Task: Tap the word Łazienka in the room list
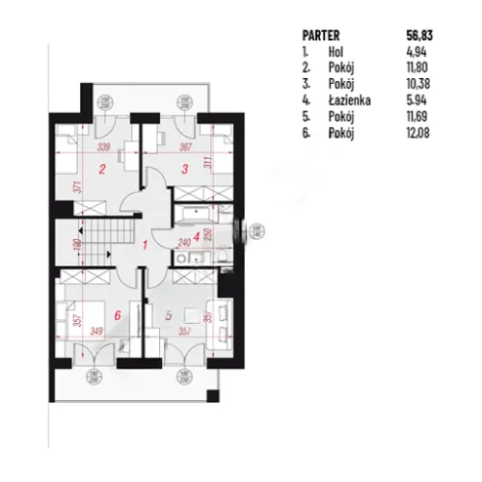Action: [347, 99]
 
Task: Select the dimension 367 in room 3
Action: [187, 147]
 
